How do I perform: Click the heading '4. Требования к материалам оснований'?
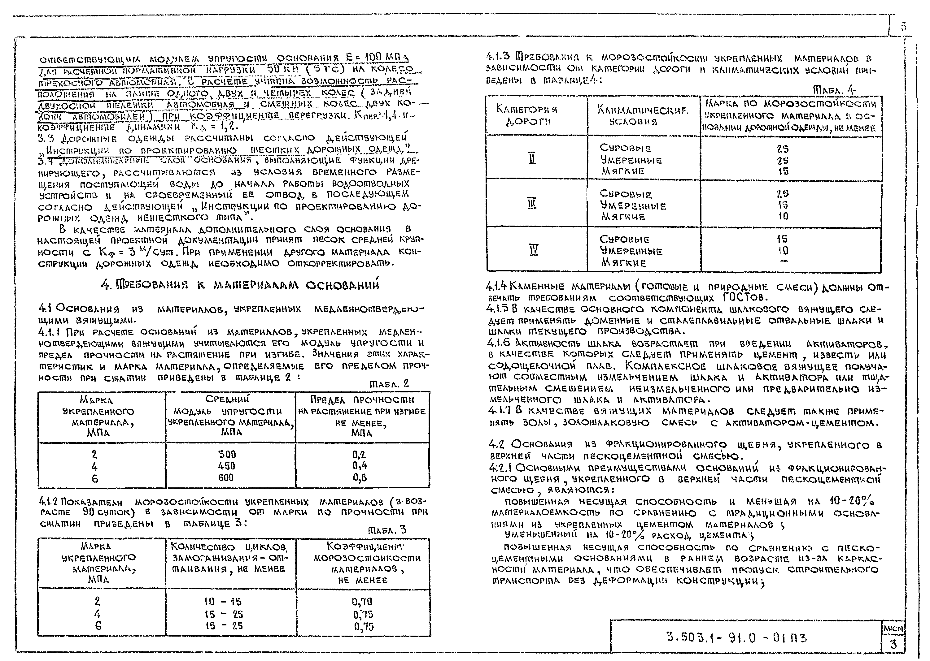(x=239, y=285)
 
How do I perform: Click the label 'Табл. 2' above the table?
(x=389, y=384)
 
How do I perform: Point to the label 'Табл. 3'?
(x=387, y=530)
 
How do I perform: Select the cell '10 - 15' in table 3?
(x=223, y=602)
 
